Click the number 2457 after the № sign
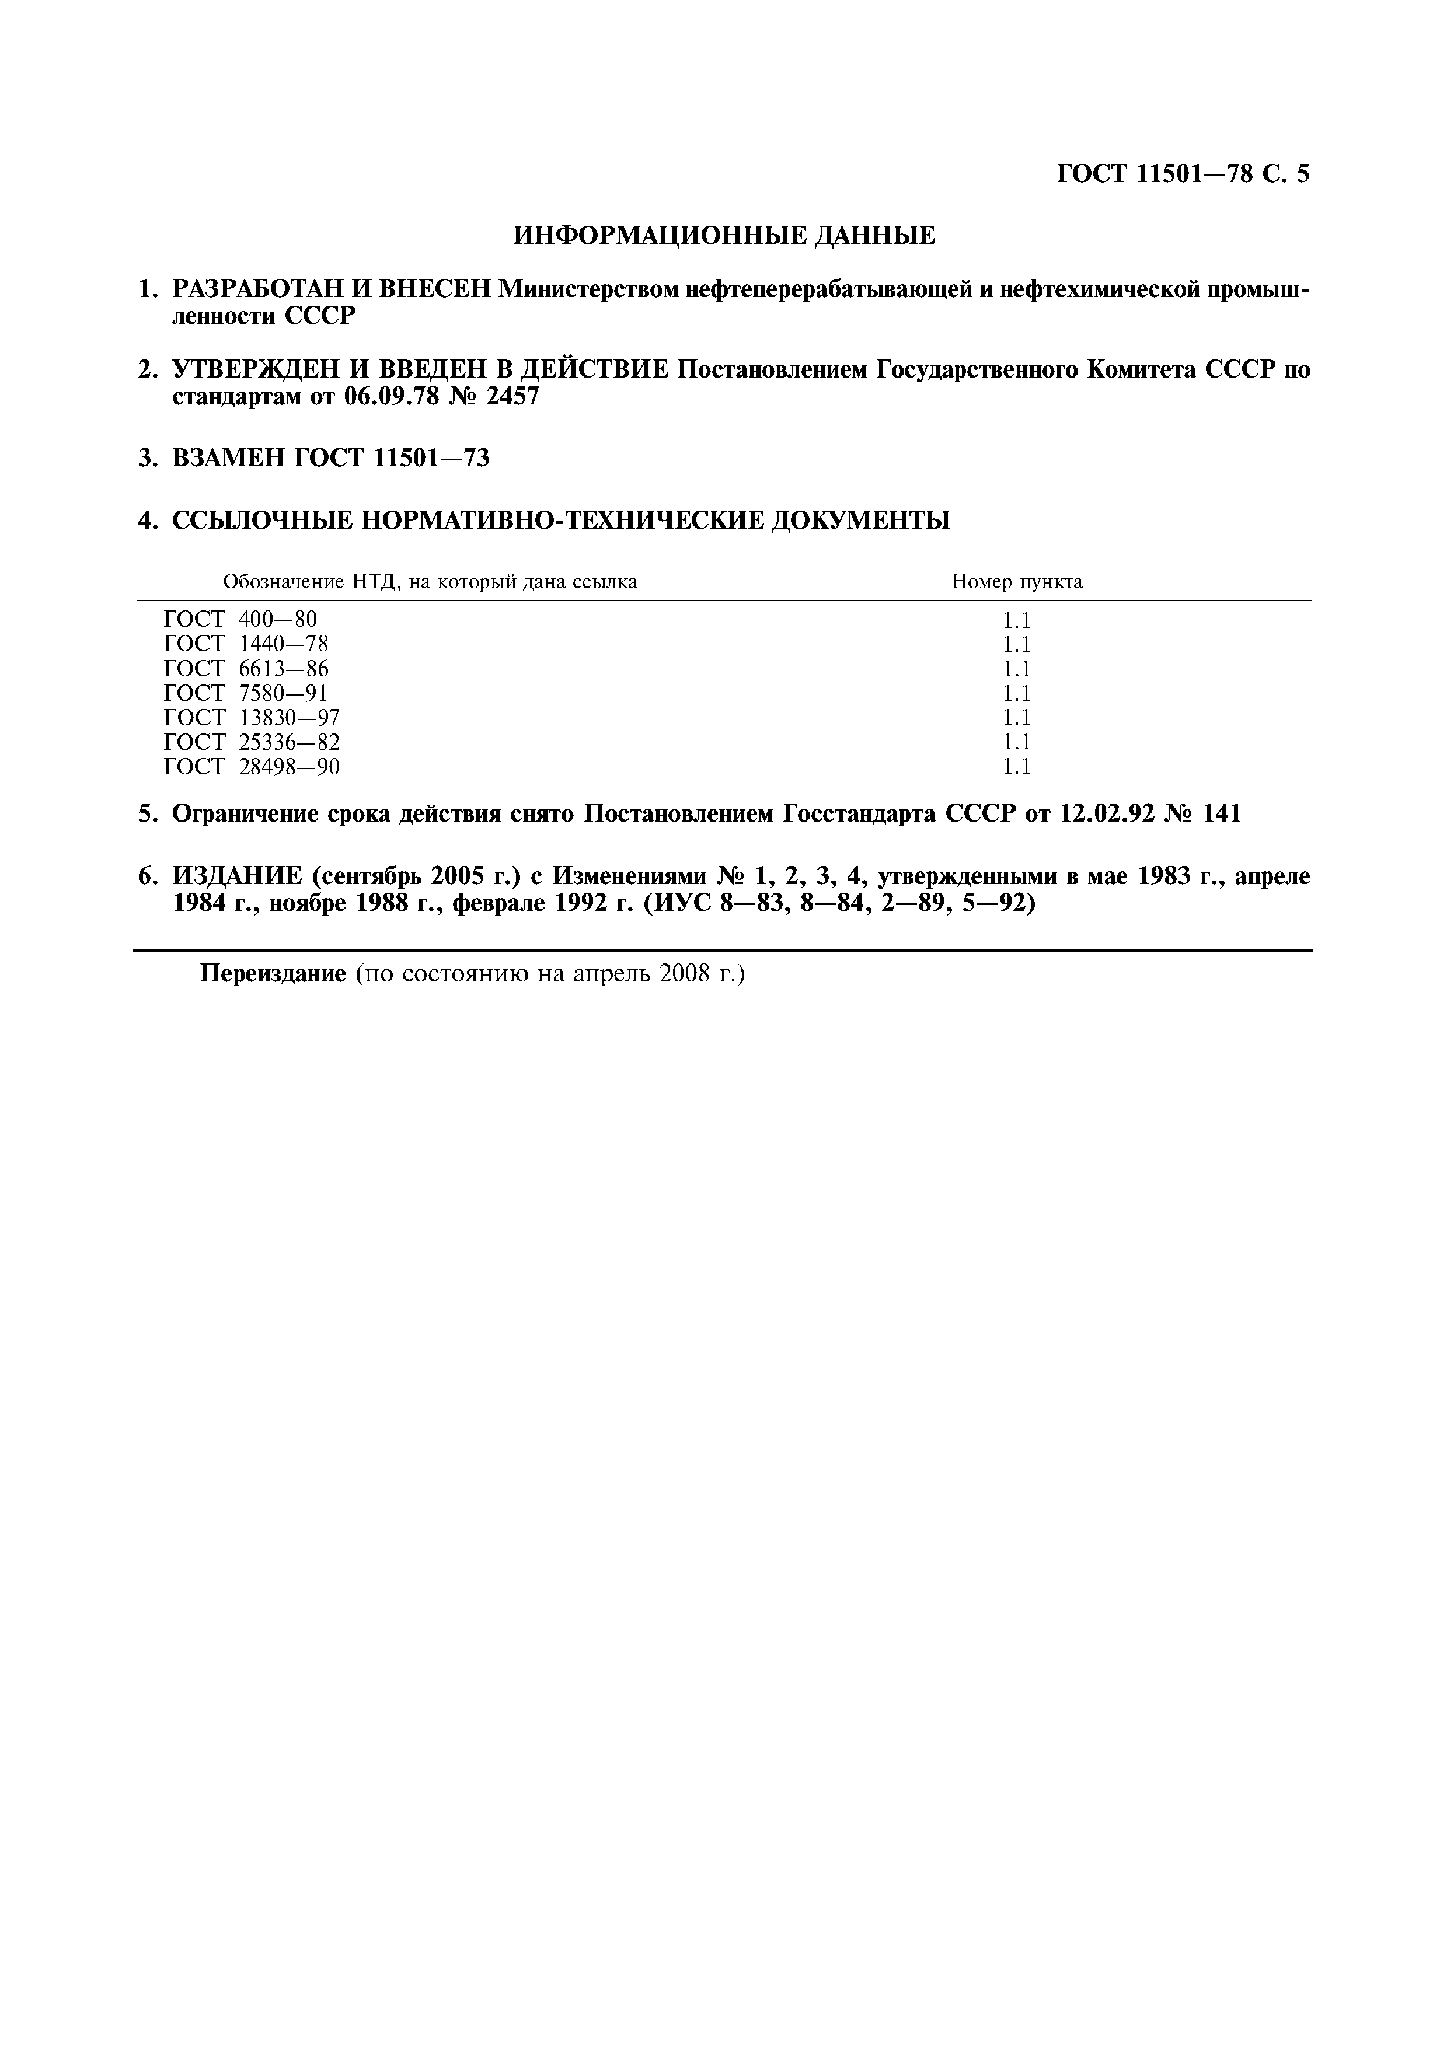point(512,397)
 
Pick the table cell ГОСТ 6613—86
point(246,669)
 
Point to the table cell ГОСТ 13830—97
point(252,718)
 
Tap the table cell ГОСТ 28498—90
point(252,767)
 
